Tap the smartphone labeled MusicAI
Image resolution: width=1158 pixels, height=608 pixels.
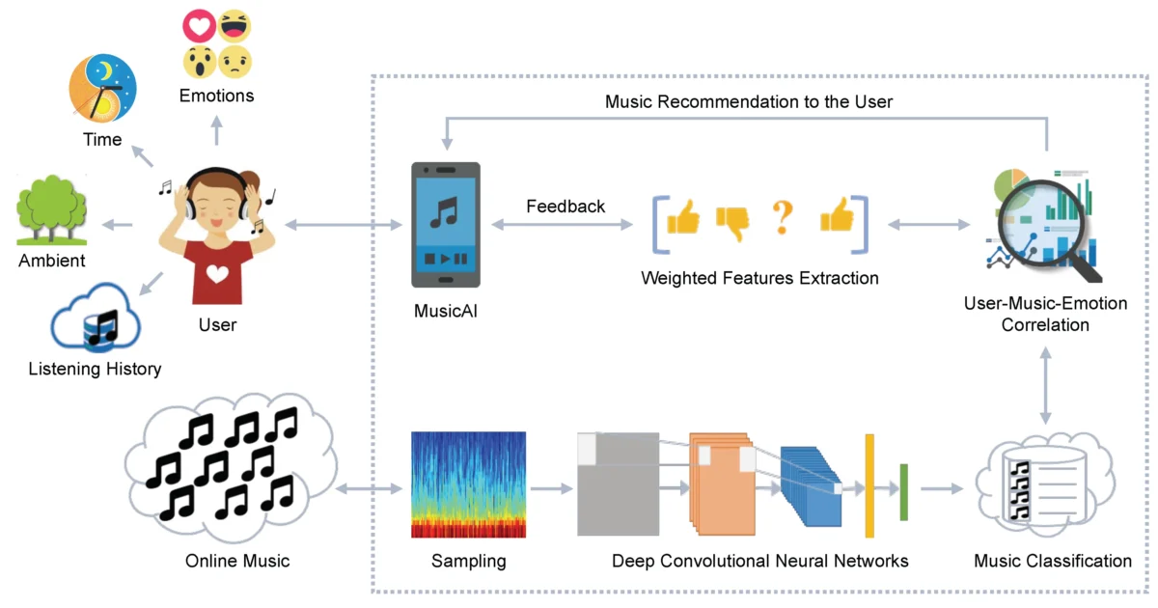(x=445, y=224)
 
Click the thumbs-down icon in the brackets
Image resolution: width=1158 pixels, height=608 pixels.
(x=732, y=223)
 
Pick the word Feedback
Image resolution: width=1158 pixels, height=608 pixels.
(x=565, y=206)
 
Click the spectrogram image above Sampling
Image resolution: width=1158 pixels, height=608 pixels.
(x=468, y=484)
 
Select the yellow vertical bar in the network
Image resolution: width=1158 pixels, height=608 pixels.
(x=869, y=485)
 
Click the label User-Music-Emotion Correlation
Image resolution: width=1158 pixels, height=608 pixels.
(x=1045, y=314)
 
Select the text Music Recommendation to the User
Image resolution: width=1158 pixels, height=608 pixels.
(x=749, y=100)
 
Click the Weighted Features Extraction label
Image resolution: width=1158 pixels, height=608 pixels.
(x=759, y=278)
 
